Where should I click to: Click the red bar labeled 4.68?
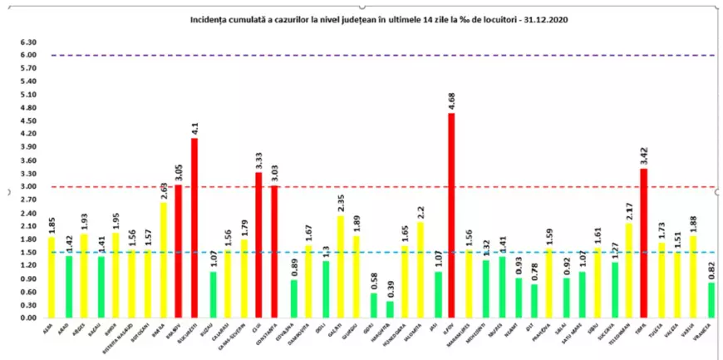tap(451, 215)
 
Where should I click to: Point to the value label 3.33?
tap(258, 160)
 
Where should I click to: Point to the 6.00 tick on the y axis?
tap(28, 56)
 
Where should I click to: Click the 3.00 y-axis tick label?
tap(28, 187)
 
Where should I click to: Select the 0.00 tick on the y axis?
tap(28, 318)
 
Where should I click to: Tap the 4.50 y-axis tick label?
tap(28, 121)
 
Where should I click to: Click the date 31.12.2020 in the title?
tap(554, 17)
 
